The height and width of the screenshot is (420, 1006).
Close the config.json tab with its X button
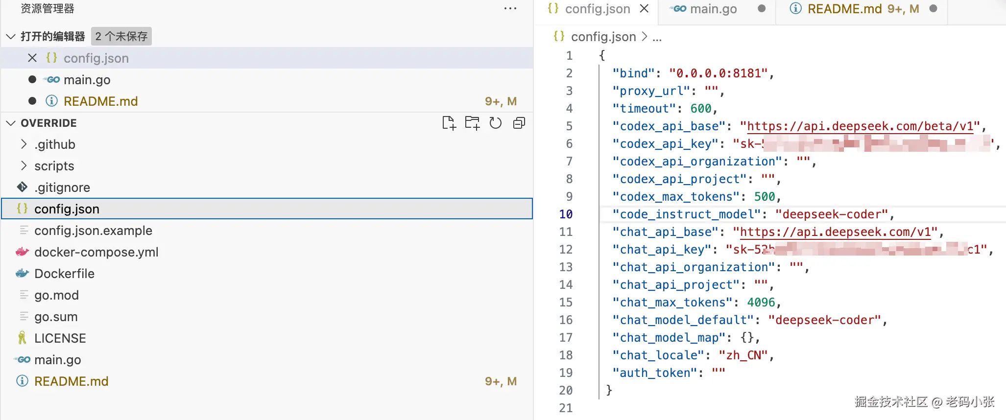(x=645, y=9)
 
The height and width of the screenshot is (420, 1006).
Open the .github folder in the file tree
(x=55, y=144)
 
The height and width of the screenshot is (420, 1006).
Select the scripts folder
(x=54, y=166)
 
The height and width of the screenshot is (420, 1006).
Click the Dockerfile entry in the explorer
(x=64, y=274)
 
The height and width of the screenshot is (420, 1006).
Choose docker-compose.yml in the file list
(x=96, y=252)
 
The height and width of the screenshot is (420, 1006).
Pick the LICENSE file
(x=60, y=338)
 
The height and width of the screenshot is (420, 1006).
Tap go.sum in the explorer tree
(x=56, y=317)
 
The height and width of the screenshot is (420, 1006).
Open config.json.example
(x=93, y=231)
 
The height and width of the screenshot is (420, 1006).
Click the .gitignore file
(x=62, y=187)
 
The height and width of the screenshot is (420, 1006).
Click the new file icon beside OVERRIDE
(x=449, y=123)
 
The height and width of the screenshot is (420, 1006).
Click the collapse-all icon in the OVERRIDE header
(x=519, y=123)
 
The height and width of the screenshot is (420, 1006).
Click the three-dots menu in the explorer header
(x=510, y=9)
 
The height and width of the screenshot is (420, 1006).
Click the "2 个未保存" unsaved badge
(x=121, y=36)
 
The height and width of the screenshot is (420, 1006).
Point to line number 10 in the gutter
(x=566, y=214)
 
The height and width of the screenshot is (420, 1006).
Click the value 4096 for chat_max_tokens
(x=761, y=303)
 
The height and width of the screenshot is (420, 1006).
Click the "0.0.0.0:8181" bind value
(x=719, y=73)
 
